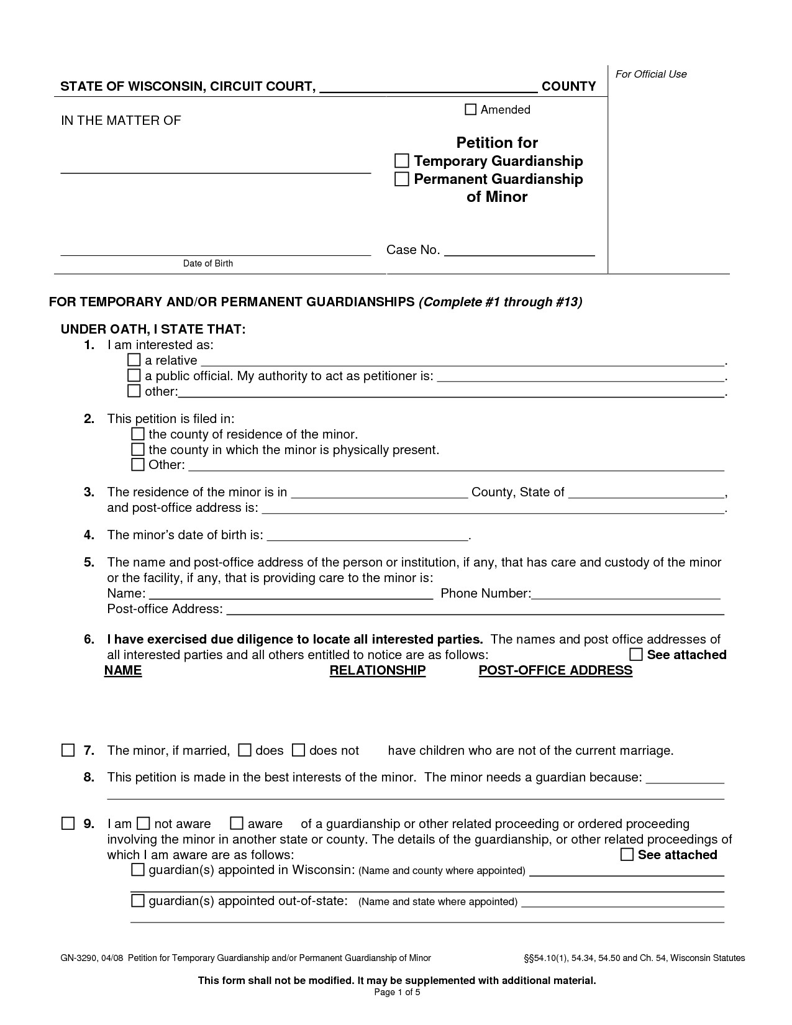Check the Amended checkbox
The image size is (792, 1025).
coord(470,110)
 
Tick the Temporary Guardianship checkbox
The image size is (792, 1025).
coord(402,161)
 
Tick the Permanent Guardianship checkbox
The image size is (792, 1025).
coord(402,179)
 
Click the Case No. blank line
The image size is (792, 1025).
coord(519,250)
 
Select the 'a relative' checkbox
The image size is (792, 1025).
coord(134,360)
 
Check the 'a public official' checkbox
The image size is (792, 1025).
coord(134,376)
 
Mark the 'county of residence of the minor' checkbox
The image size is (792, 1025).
coord(138,434)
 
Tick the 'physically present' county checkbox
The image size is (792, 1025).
coord(138,450)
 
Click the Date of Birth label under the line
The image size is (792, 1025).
coord(207,263)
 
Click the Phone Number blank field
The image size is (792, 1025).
coord(626,593)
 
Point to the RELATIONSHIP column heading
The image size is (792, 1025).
coord(377,670)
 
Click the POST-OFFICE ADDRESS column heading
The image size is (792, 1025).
coord(555,670)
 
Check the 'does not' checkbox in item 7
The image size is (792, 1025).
coord(299,750)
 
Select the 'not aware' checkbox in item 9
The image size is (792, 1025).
coord(143,824)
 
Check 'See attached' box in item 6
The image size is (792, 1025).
coord(636,655)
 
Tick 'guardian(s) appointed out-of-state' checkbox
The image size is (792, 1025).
coord(138,901)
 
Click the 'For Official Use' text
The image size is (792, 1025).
coord(651,74)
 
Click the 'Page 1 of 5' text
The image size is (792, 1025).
coord(397,992)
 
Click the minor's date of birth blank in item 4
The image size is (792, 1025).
coord(366,535)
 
